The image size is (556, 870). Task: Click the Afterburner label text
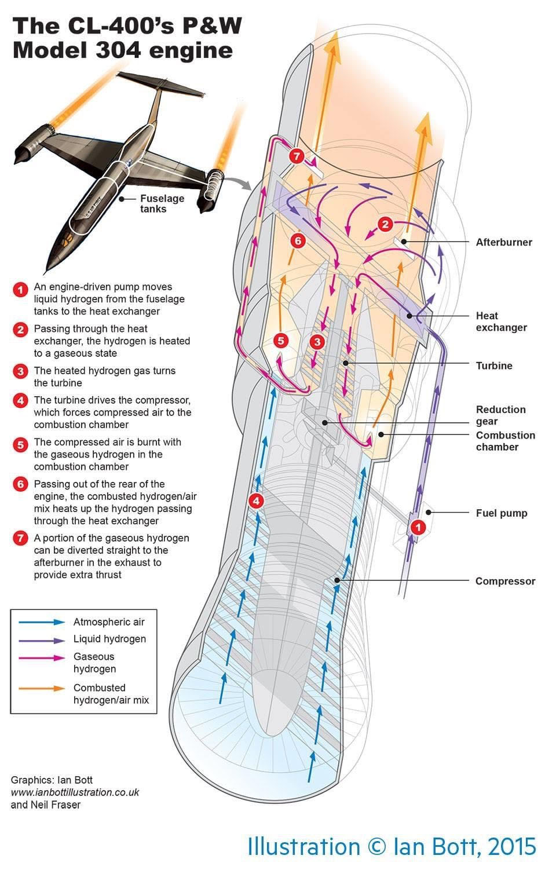503,242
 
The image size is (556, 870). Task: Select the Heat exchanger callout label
501,321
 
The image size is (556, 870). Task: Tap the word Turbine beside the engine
493,365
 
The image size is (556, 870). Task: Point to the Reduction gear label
500,415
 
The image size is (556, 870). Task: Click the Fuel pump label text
501,513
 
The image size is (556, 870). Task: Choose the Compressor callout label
505,581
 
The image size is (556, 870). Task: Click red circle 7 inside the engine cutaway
297,156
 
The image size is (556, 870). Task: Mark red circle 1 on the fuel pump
417,527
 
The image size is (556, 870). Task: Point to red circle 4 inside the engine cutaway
256,501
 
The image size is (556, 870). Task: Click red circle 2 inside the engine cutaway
385,224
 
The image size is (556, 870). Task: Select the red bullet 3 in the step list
21,371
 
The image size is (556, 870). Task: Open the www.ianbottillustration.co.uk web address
75,792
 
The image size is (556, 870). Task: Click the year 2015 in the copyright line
512,846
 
